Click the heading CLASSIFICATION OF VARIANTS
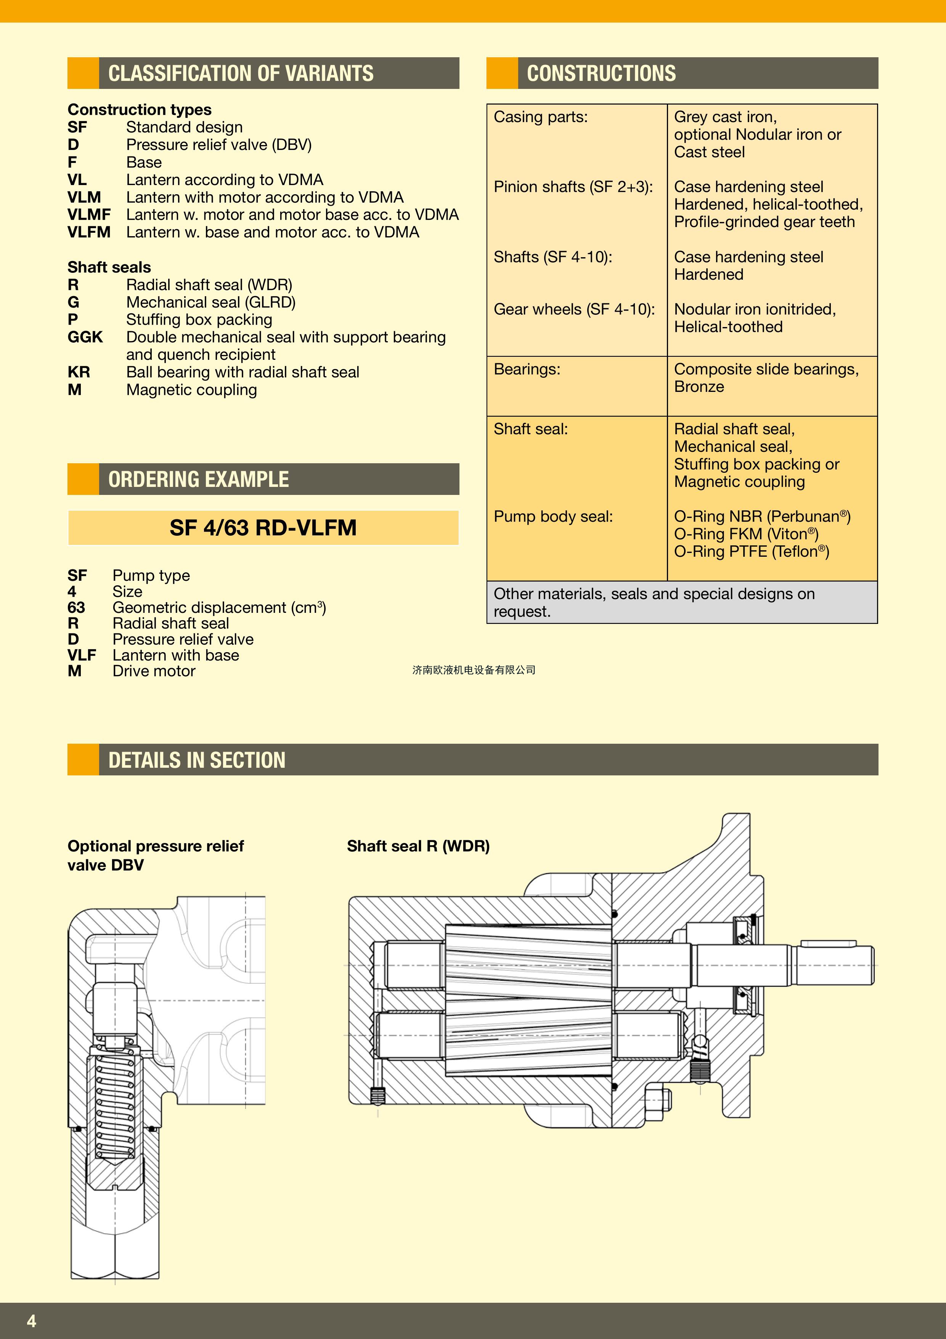241,74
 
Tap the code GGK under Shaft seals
85,337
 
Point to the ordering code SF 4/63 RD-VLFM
263,528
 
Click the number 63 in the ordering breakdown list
76,607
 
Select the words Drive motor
154,671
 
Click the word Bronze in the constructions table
699,387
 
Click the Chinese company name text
473,670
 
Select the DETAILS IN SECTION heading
197,760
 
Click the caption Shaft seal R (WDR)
418,846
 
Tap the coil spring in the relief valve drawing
115,1105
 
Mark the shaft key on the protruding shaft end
828,943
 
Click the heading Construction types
139,110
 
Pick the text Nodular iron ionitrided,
754,309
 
